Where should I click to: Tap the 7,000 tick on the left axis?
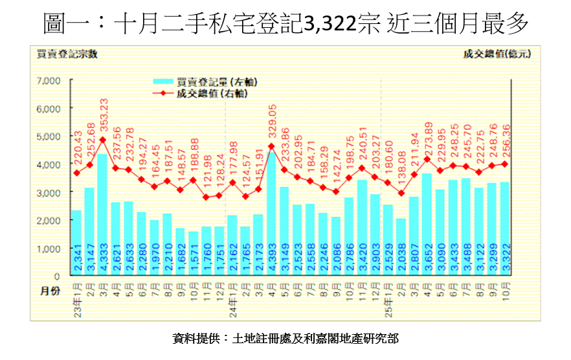point(49,81)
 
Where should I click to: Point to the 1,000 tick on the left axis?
point(49,249)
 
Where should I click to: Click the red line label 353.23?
point(103,117)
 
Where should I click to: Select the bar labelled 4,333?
point(102,215)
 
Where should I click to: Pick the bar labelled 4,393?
point(271,214)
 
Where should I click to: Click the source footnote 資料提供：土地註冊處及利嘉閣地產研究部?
point(285,338)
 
